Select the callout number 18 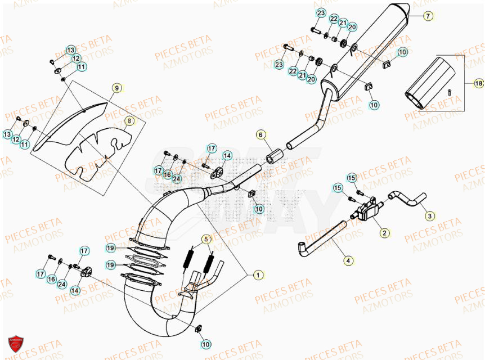[x=478, y=83]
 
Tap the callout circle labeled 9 [x=116, y=88]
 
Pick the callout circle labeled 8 [x=128, y=120]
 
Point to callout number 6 [x=261, y=134]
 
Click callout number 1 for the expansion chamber [x=257, y=275]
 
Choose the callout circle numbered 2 [x=384, y=232]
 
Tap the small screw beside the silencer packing [x=450, y=92]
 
